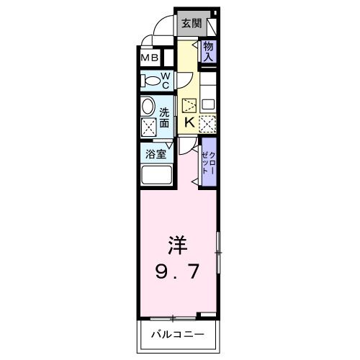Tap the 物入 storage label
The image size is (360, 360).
tap(208, 51)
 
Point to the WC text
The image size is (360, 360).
tap(165, 79)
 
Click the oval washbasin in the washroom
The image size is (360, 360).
tap(148, 107)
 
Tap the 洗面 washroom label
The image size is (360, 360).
tap(165, 117)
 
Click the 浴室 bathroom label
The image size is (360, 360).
tap(155, 153)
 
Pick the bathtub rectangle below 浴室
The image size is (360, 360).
tap(156, 176)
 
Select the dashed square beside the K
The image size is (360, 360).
tap(189, 105)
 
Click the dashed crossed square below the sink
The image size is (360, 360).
tap(207, 124)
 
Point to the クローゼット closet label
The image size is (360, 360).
tap(209, 164)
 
